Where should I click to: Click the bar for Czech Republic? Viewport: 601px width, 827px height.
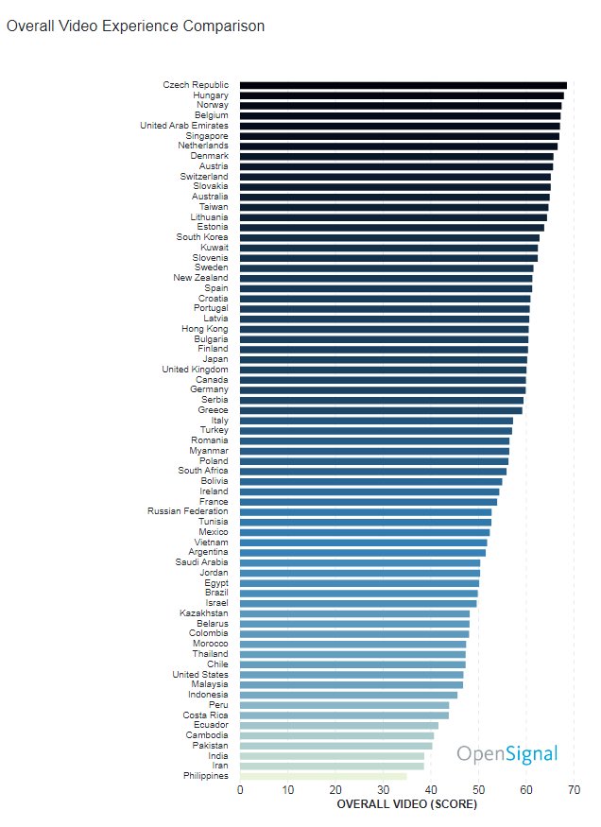pyautogui.click(x=404, y=85)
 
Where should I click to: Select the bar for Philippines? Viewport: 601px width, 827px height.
pyautogui.click(x=323, y=776)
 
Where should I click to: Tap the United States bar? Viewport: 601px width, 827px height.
pyautogui.click(x=352, y=675)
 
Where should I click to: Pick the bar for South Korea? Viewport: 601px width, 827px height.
pyautogui.click(x=389, y=237)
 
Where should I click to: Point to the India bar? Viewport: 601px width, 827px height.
pyautogui.click(x=332, y=756)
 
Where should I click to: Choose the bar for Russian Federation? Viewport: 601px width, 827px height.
pyautogui.click(x=366, y=512)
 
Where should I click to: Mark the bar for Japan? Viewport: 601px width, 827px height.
pyautogui.click(x=384, y=359)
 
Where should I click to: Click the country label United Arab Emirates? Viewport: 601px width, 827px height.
pyautogui.click(x=183, y=126)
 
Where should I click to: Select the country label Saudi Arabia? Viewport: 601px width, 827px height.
pyautogui.click(x=201, y=562)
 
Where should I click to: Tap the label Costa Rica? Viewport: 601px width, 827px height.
pyautogui.click(x=207, y=715)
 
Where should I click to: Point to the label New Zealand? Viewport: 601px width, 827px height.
pyautogui.click(x=200, y=278)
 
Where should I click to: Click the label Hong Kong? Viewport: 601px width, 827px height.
pyautogui.click(x=204, y=329)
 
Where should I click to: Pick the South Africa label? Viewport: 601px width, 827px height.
pyautogui.click(x=202, y=471)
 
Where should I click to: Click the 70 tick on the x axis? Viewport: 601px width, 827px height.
pyautogui.click(x=574, y=789)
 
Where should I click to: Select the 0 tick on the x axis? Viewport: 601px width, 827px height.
pyautogui.click(x=240, y=789)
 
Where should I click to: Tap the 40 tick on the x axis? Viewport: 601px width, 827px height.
pyautogui.click(x=431, y=789)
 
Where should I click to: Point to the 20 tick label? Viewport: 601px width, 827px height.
pyautogui.click(x=335, y=789)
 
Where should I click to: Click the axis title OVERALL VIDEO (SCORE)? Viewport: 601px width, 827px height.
pyautogui.click(x=406, y=804)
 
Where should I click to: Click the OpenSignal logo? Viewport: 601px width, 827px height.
pyautogui.click(x=507, y=754)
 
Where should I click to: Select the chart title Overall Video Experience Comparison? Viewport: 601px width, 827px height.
pyautogui.click(x=135, y=26)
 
